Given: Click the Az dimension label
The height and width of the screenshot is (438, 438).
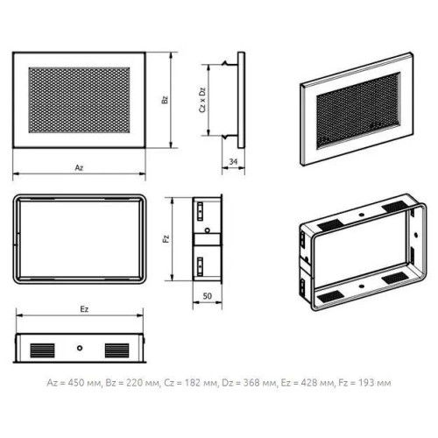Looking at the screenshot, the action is (x=79, y=167).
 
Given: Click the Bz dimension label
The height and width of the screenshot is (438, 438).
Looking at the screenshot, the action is (x=165, y=100).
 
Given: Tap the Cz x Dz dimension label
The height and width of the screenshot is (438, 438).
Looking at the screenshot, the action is (x=202, y=100).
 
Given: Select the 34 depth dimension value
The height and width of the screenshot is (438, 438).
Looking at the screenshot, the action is (x=233, y=161).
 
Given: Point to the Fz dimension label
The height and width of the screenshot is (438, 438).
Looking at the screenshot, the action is (x=166, y=239).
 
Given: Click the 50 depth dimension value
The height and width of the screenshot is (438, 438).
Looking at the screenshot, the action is (x=207, y=296).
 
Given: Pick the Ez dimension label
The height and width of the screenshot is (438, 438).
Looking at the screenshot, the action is (x=84, y=309).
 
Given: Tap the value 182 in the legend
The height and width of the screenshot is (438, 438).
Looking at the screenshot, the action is (x=191, y=383).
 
